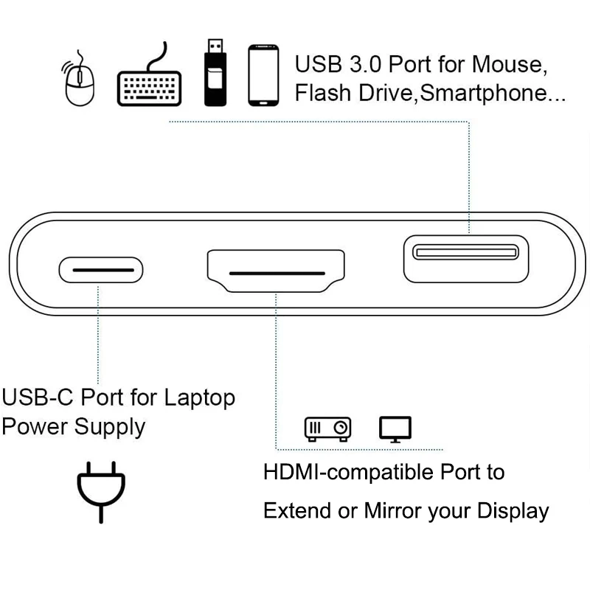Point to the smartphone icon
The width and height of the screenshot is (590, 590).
[x=263, y=76]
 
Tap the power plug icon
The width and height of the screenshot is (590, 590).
[x=101, y=490]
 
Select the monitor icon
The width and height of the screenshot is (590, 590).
[x=395, y=428]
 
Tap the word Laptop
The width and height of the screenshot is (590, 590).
[x=199, y=398]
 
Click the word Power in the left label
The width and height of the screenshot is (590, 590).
[x=35, y=426]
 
